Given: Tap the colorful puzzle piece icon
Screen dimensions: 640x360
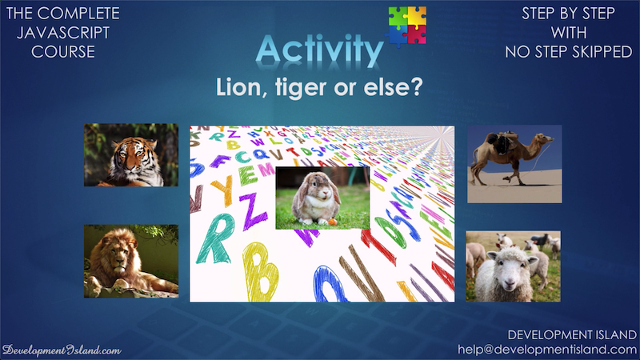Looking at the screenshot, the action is pos(407,26).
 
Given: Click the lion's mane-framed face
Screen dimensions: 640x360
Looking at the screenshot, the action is pos(117,256).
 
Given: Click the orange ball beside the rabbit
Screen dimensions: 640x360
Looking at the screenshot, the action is pos(333,222).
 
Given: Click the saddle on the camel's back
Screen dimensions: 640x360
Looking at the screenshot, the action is pos(503,142).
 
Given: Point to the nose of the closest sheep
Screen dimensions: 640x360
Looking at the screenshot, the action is pos(506,282).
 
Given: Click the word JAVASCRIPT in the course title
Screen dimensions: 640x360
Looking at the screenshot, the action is pos(63,33).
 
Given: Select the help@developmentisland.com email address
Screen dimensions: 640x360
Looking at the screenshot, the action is pos(547,350).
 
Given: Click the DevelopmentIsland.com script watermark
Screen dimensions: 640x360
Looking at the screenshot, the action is pos(62,350).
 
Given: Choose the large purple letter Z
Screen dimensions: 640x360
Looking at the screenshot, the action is pos(253,210).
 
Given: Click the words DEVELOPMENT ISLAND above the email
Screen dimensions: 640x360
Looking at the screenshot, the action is pos(572,335).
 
